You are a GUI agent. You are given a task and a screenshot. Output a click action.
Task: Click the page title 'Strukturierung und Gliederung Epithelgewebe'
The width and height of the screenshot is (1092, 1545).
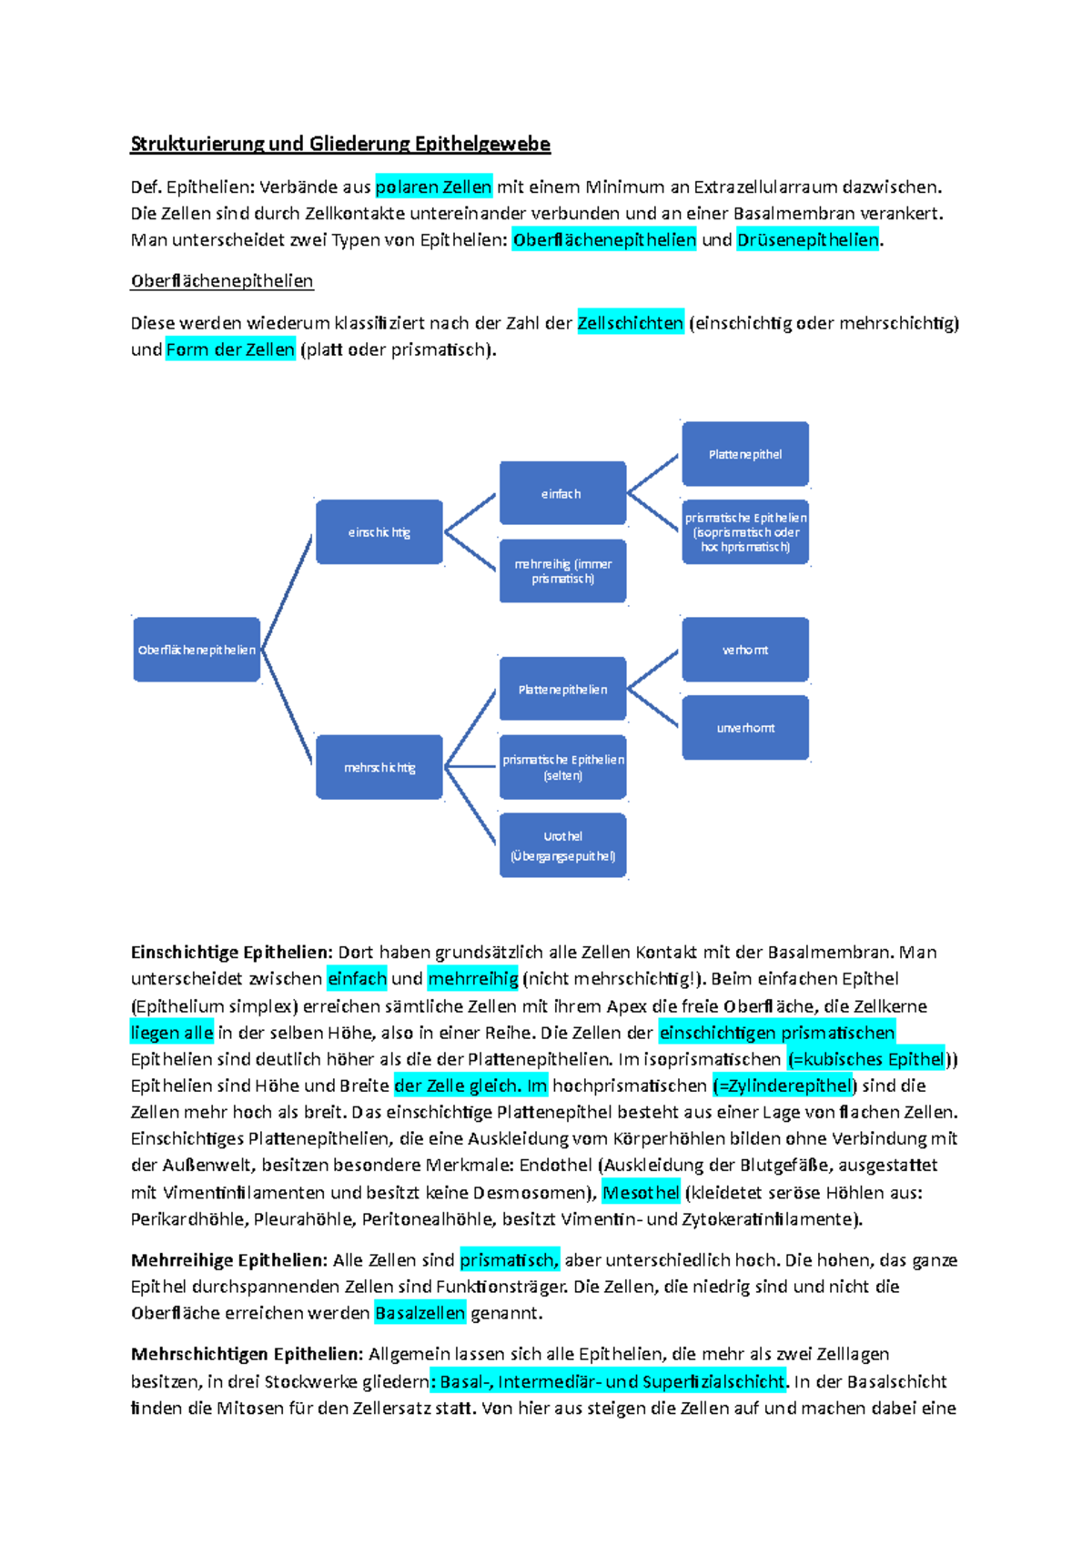pyautogui.click(x=340, y=144)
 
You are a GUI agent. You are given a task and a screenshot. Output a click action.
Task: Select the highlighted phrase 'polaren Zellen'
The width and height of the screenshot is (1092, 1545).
pyautogui.click(x=434, y=187)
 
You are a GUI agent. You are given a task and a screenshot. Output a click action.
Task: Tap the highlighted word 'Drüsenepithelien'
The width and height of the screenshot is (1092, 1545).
pyautogui.click(x=808, y=239)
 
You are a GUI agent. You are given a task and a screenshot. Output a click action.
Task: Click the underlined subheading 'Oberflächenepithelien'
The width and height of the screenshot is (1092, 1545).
pyautogui.click(x=222, y=281)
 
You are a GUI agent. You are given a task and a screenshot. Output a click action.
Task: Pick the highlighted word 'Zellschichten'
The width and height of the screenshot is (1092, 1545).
pyautogui.click(x=631, y=322)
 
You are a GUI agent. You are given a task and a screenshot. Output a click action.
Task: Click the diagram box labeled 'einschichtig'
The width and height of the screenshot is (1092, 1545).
pyautogui.click(x=379, y=531)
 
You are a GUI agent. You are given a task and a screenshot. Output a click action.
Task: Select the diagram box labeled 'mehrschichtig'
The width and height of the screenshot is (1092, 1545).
pyautogui.click(x=379, y=767)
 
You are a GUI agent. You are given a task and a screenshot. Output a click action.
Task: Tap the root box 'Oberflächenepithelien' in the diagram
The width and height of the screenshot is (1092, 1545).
pyautogui.click(x=197, y=650)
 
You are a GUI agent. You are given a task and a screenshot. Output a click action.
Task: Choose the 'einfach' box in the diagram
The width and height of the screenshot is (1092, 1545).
pyautogui.click(x=563, y=493)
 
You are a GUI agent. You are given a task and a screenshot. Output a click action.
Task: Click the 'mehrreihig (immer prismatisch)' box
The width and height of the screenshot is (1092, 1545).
pyautogui.click(x=563, y=571)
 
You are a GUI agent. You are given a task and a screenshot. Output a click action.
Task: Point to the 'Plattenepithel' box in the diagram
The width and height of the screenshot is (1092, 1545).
pyautogui.click(x=745, y=454)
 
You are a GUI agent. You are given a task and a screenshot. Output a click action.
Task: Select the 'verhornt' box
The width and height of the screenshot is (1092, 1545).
pyautogui.click(x=745, y=650)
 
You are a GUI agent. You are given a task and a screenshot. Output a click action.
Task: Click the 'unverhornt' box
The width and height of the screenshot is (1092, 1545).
pyautogui.click(x=745, y=728)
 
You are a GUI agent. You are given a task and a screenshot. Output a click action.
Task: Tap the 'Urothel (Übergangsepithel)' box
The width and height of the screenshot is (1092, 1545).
pyautogui.click(x=563, y=845)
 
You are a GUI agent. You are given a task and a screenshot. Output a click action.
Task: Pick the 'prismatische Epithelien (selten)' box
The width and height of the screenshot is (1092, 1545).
pyautogui.click(x=563, y=767)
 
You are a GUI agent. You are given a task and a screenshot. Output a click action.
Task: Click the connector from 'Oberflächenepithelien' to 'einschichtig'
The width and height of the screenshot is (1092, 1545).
pyautogui.click(x=287, y=591)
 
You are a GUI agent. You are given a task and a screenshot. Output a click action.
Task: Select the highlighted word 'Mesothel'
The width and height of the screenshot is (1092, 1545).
pyautogui.click(x=641, y=1192)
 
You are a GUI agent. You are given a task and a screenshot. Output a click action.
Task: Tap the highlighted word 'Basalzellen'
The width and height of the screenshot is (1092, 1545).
pyautogui.click(x=420, y=1313)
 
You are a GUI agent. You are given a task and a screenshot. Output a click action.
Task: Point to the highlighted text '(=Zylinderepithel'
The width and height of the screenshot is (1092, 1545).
pyautogui.click(x=783, y=1085)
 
